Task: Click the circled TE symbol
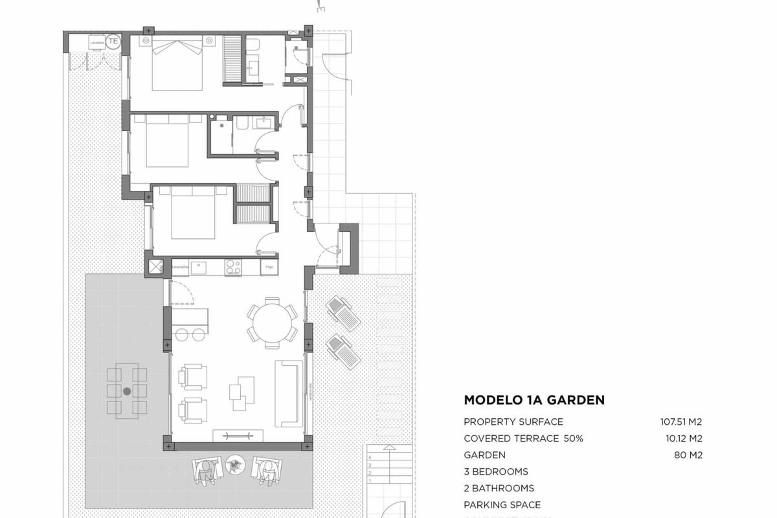coord(113,41)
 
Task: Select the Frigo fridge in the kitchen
coord(268,266)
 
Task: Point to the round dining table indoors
coord(272,322)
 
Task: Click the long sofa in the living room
coord(289,393)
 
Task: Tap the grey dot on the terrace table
coord(127,391)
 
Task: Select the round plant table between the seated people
coord(234,464)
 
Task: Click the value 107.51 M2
coord(677,422)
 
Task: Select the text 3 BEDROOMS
coord(496,471)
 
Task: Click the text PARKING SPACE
coord(502,505)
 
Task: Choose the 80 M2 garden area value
coord(688,455)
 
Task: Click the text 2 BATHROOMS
coord(499,488)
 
